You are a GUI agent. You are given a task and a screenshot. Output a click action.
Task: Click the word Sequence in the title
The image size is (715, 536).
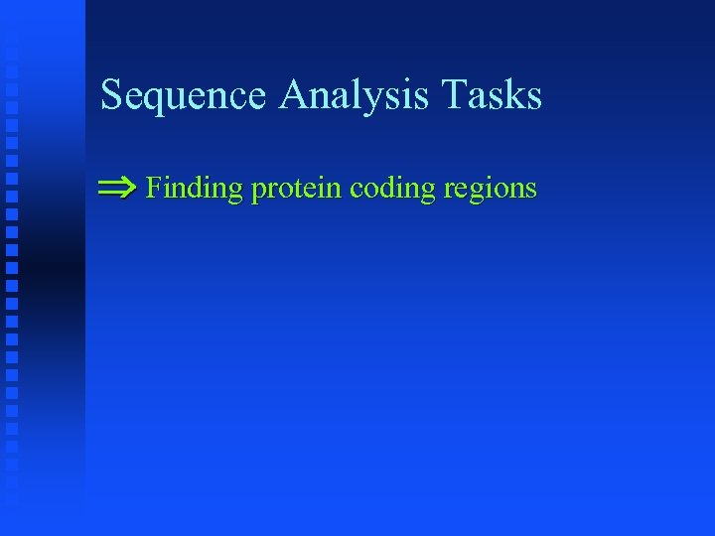click(x=184, y=96)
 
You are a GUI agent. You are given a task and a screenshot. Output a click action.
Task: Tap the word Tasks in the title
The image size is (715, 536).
click(x=493, y=95)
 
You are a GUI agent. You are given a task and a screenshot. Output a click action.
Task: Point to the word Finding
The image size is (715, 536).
click(x=195, y=188)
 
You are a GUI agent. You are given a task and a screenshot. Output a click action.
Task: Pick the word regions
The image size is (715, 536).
click(x=492, y=190)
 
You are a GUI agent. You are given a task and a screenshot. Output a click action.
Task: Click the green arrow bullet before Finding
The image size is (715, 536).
click(x=118, y=187)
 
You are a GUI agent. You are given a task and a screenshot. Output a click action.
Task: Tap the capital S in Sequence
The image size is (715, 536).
click(x=111, y=95)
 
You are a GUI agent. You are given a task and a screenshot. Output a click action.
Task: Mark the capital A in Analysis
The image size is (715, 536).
click(x=295, y=94)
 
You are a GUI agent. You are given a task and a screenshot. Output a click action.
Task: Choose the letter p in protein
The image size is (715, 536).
click(x=258, y=192)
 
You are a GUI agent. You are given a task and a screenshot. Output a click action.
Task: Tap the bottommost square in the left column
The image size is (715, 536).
click(x=11, y=485)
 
